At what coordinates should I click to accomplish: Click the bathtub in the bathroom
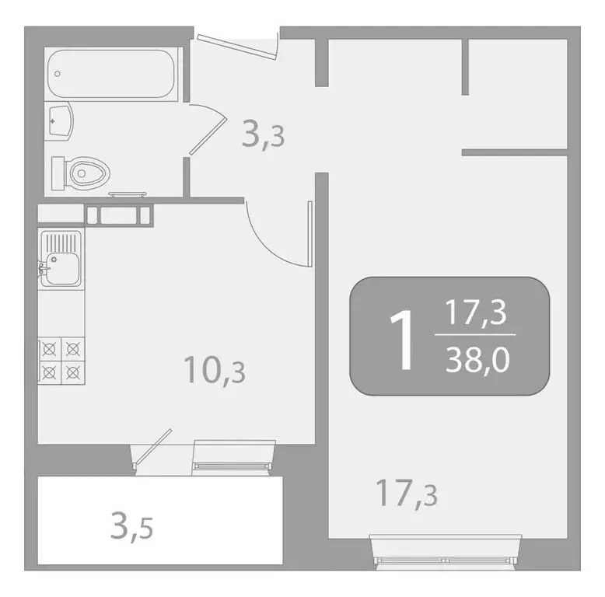(x=114, y=74)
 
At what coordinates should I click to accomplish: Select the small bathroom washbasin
(x=59, y=121)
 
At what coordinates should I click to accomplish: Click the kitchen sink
(x=61, y=258)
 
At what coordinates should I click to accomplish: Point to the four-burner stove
(x=61, y=360)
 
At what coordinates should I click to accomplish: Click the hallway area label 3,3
(x=264, y=135)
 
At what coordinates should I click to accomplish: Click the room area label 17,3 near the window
(x=407, y=493)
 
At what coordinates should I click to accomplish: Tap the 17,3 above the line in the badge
(x=476, y=312)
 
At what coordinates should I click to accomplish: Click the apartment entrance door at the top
(x=238, y=44)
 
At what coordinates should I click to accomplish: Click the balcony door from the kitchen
(x=152, y=452)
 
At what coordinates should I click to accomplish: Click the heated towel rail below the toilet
(x=128, y=194)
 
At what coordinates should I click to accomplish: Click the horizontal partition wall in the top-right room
(x=514, y=152)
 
